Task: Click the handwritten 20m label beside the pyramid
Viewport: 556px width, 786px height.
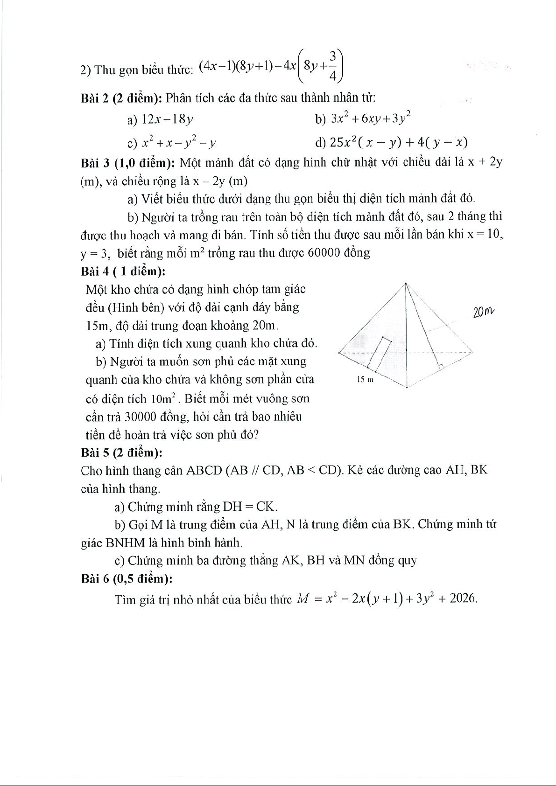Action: pyautogui.click(x=483, y=311)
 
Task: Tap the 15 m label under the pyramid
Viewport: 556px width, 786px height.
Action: pyautogui.click(x=365, y=380)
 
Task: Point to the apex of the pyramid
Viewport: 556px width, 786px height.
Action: pyautogui.click(x=406, y=284)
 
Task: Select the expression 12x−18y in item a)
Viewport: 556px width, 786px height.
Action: pyautogui.click(x=167, y=120)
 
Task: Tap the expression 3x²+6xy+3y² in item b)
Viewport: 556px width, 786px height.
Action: pyautogui.click(x=370, y=118)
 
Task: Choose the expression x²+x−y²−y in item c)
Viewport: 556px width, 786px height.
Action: pyautogui.click(x=178, y=142)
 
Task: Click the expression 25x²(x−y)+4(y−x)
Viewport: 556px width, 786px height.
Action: pyautogui.click(x=399, y=142)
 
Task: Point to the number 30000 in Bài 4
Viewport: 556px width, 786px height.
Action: pyautogui.click(x=145, y=417)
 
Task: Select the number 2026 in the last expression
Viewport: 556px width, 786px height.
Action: pyautogui.click(x=463, y=598)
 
